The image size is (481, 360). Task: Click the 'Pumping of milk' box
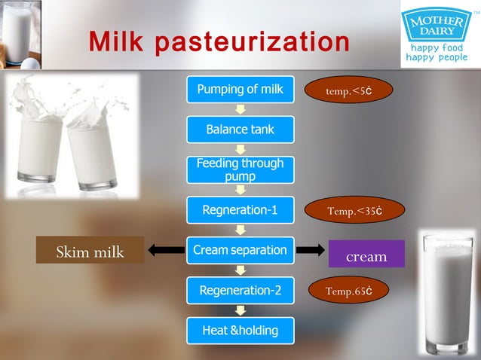point(240,90)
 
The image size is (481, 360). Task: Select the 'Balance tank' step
point(240,130)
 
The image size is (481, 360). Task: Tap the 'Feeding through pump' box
point(240,169)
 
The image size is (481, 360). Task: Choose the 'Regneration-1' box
point(240,210)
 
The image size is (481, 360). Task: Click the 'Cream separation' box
point(240,250)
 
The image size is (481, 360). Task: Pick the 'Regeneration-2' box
point(240,290)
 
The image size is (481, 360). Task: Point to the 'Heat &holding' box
point(240,330)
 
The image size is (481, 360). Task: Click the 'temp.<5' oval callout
point(348,91)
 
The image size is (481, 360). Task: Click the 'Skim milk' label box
point(90,252)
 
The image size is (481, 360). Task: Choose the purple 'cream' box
point(366,255)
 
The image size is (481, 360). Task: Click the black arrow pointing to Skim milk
point(166,250)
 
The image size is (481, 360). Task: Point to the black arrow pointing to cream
point(312,251)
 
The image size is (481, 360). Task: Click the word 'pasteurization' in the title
point(252,43)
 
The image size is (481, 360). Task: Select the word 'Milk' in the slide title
point(117,42)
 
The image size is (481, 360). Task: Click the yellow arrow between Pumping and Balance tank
point(240,110)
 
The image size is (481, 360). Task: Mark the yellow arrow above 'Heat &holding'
point(240,310)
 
